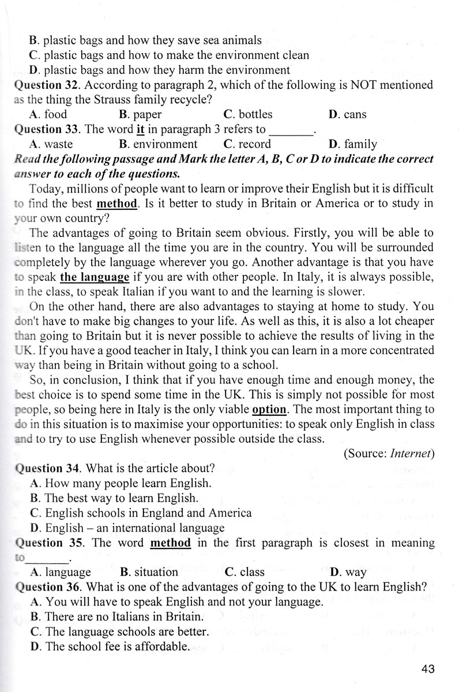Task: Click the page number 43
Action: click(427, 669)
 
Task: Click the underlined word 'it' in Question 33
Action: click(140, 129)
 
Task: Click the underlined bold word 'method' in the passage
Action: click(118, 204)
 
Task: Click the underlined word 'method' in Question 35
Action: click(170, 543)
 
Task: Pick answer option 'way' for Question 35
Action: click(349, 572)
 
